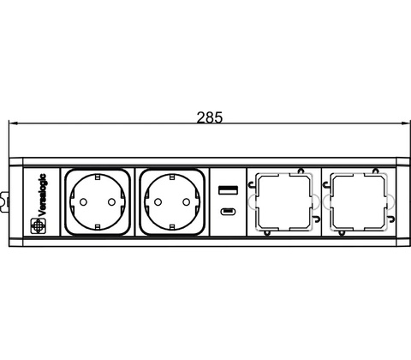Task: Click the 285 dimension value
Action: [x=209, y=117]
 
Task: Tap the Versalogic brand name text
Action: [x=42, y=195]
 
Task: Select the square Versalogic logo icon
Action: [x=38, y=226]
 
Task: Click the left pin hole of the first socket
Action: [x=83, y=202]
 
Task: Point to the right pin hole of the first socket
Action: [x=111, y=202]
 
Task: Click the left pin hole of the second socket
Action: [x=158, y=202]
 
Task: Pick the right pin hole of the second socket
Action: [x=187, y=202]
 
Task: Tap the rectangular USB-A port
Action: [x=228, y=190]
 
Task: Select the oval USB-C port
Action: [x=228, y=212]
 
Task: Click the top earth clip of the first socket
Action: [x=98, y=177]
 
